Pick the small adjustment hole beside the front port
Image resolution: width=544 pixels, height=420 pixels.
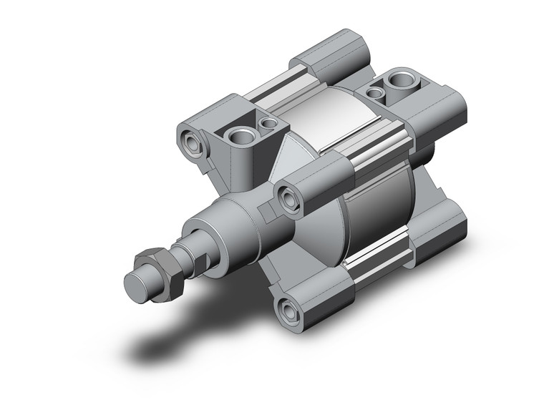(x=269, y=124)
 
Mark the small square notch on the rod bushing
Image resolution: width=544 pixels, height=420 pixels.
(x=266, y=212)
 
